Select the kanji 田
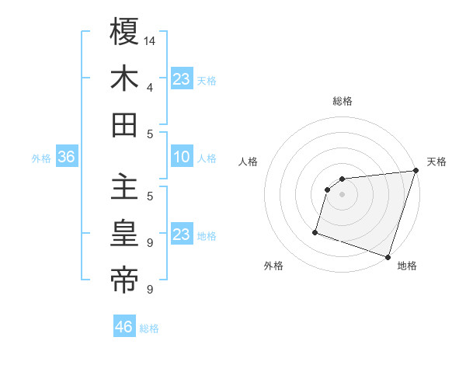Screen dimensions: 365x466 [125, 125]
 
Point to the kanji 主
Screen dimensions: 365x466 [125, 187]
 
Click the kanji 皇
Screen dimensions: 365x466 [125, 234]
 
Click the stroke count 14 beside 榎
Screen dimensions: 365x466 [151, 40]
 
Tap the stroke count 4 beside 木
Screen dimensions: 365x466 [149, 87]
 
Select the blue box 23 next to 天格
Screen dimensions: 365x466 [182, 78]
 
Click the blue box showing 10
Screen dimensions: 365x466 [182, 158]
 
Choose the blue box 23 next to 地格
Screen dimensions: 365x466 [182, 235]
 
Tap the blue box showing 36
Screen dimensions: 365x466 [67, 158]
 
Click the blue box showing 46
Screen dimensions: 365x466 [124, 327]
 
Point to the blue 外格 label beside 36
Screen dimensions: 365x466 [41, 158]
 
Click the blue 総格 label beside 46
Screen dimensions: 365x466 [150, 328]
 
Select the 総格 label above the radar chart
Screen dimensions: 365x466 [343, 101]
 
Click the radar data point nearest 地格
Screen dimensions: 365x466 [388, 256]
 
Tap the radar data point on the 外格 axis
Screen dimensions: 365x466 [315, 231]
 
